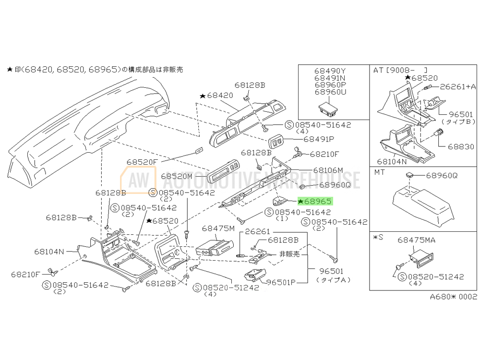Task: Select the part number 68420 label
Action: coord(219,96)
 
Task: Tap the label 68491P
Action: coord(317,139)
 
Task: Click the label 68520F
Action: coord(142,162)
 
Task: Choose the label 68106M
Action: coord(328,170)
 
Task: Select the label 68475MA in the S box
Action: coord(417,240)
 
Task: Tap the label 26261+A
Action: coord(457,86)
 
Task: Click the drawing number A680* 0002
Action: coord(453,297)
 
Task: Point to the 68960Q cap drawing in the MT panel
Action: coord(409,175)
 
